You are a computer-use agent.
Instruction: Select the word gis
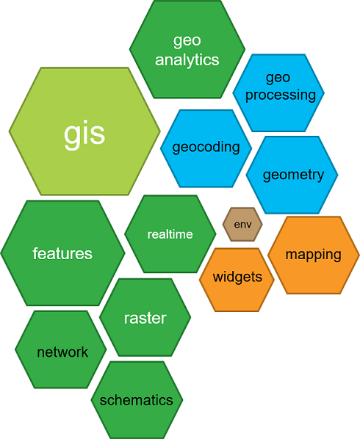point(84,133)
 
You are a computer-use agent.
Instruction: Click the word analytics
point(187,59)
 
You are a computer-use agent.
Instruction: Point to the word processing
point(280,95)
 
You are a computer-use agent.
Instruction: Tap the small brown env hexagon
point(242,224)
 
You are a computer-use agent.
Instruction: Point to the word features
point(62,254)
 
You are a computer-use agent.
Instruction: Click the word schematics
point(137,400)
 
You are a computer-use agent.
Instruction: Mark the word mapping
point(314,255)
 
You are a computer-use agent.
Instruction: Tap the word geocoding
point(206,147)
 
